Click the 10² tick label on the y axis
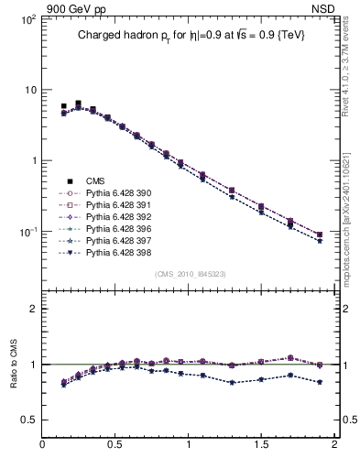27,19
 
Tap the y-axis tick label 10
29,90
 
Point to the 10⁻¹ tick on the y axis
27,232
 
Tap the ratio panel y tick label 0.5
28,420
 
